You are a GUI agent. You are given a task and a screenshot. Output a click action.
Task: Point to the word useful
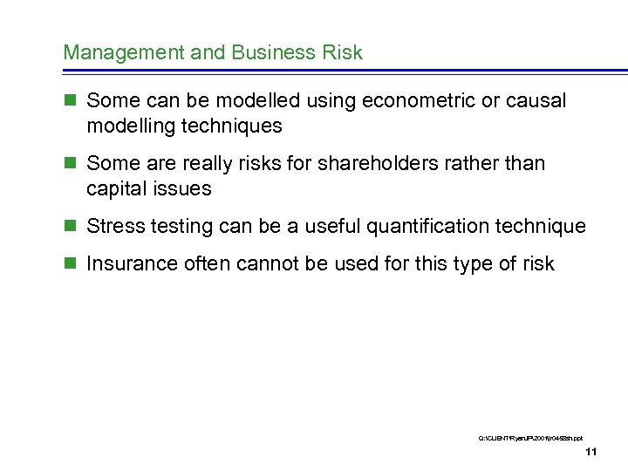coord(331,227)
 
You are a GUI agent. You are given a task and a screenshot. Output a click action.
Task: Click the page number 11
coord(590,452)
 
